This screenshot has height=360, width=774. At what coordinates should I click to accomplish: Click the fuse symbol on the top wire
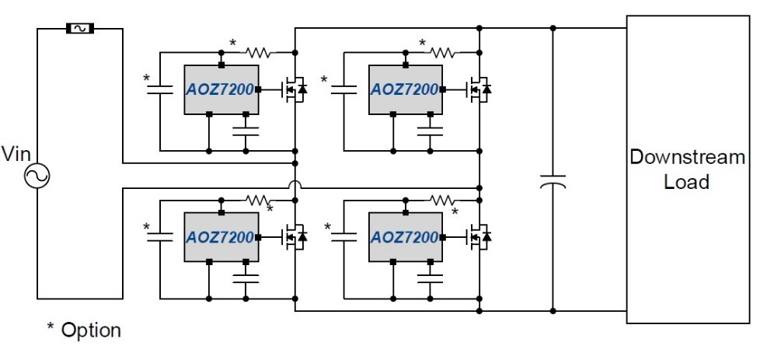pos(80,29)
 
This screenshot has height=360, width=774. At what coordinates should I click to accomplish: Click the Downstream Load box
pos(688,170)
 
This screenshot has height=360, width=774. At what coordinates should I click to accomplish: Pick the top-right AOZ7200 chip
pos(405,89)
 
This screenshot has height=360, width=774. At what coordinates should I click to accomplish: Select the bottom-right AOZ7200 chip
pos(405,236)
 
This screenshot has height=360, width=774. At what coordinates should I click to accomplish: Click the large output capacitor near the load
pos(553,182)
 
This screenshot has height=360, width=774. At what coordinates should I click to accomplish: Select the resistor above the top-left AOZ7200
pos(257,53)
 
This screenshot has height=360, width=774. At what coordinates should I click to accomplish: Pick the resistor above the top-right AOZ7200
pos(443,53)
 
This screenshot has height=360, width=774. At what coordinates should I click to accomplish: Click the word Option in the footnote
pos(91,330)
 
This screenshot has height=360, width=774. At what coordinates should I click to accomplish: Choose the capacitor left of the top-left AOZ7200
pos(159,89)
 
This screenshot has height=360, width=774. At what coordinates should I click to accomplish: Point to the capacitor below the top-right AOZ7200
pos(430,127)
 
